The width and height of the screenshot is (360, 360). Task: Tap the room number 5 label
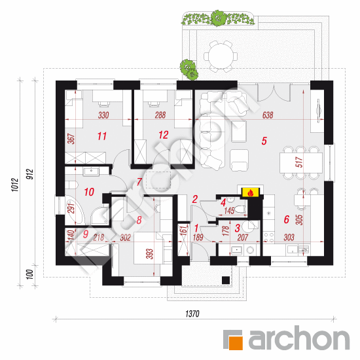(x=264, y=140)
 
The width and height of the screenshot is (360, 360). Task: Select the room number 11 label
(x=101, y=136)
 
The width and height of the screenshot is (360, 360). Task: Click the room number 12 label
(x=164, y=135)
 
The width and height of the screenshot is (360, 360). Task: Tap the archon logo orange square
(x=234, y=339)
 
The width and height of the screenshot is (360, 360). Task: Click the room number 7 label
(x=139, y=181)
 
